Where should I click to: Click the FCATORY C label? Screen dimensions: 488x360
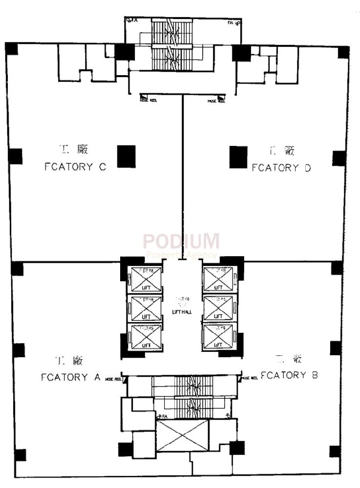pos(75,167)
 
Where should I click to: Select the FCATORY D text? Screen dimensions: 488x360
pos(281,168)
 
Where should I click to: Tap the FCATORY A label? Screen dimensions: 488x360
pos(71,377)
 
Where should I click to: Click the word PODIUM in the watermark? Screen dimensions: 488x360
pos(181,242)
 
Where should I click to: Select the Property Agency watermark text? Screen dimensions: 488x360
pos(181,255)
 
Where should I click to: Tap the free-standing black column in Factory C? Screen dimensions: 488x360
pos(126,157)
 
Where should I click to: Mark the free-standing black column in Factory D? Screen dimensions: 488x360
pos(238,157)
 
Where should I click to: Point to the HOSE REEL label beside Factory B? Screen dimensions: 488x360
pos(250,378)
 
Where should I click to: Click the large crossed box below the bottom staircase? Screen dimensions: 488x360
pos(182,435)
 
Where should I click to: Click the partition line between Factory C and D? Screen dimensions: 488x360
pos(183,176)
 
